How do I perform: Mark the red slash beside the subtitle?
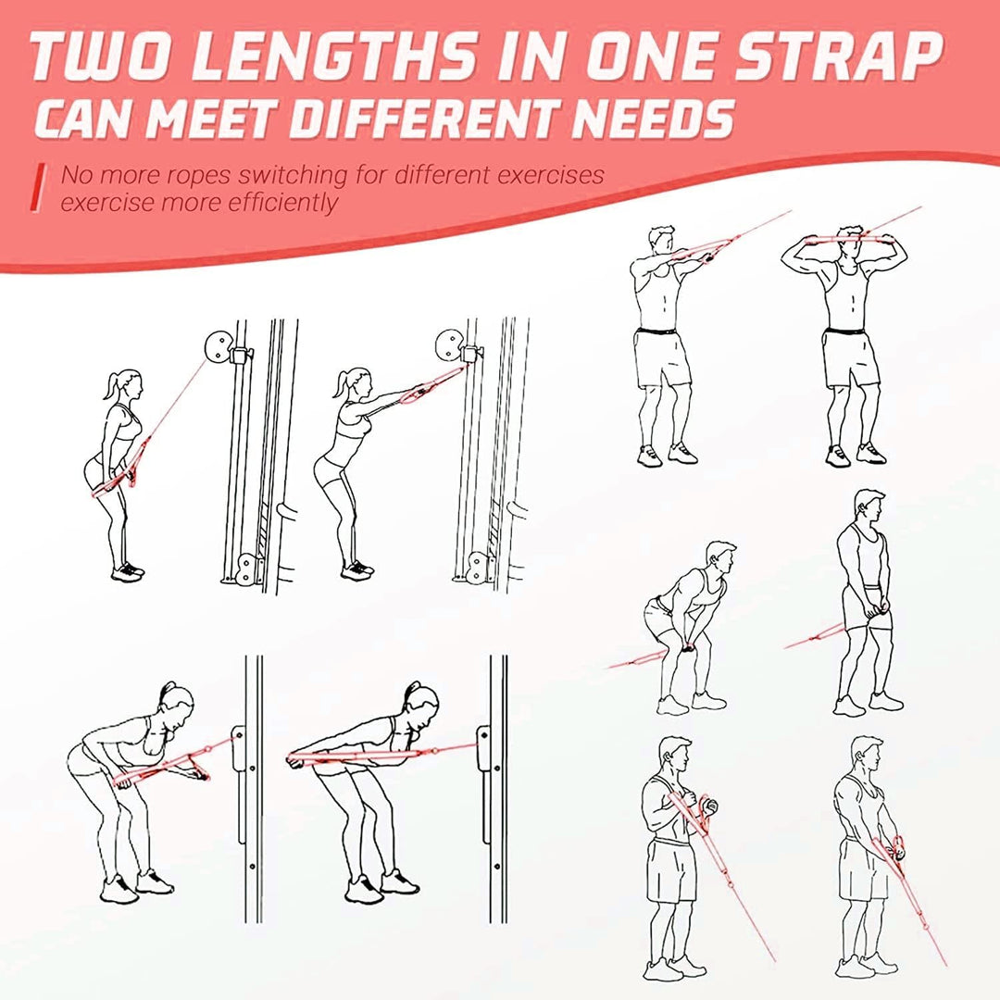pos(38,188)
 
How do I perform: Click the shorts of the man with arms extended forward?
pos(661,357)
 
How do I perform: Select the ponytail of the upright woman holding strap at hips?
pos(112,384)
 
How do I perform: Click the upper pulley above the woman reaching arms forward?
pos(447,345)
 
